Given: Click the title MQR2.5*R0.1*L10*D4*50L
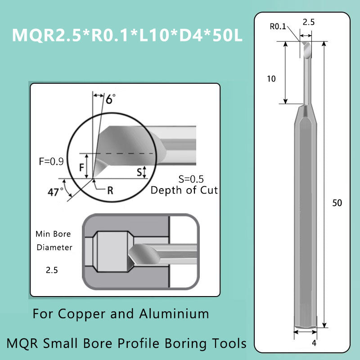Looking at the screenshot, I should (127, 35).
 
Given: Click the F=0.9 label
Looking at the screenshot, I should (51, 160).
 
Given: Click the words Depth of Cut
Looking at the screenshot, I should (184, 190).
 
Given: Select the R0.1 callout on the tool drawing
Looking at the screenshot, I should (278, 26).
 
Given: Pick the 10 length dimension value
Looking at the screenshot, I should (271, 79).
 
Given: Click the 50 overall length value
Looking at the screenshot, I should (337, 203).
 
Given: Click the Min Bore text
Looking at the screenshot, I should (53, 234).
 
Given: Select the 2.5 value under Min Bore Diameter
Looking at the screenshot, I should (52, 271).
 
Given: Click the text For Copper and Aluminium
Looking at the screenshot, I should (121, 313).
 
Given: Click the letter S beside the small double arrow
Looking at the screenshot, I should (139, 171).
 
